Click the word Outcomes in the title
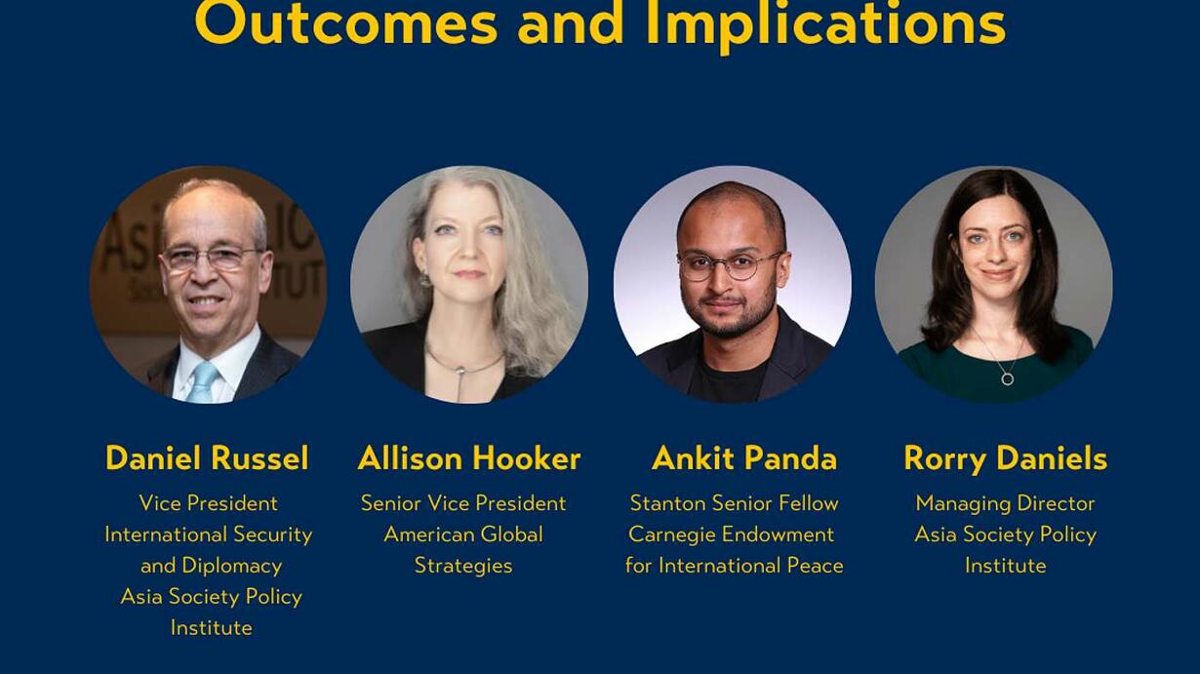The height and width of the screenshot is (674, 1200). pos(346,21)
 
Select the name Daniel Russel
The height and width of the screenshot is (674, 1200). pos(208,458)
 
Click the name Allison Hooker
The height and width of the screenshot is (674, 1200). pos(469,458)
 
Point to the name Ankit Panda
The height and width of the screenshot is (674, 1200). pos(744,458)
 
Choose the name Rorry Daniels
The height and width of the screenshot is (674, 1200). pos(1006,459)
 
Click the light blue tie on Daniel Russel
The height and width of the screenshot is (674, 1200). pos(202,382)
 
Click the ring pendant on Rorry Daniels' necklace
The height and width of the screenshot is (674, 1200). pos(1008,379)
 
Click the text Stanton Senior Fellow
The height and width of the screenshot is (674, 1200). pos(734,503)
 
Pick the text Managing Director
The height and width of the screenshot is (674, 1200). pos(1005,504)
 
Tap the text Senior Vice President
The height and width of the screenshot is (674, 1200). pos(463,503)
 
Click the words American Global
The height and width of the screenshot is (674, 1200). pos(463,535)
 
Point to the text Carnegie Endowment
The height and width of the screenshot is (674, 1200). pos(732,535)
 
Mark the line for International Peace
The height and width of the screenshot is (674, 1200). pos(735,565)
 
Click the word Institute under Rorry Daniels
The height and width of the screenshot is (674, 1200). pos(1006,565)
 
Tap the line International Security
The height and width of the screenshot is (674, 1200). pos(209,535)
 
